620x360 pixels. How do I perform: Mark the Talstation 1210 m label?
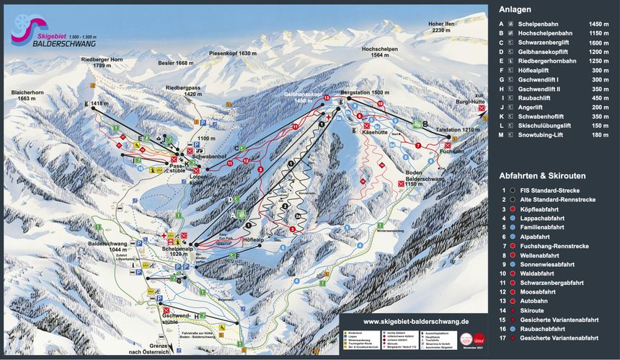(454, 129)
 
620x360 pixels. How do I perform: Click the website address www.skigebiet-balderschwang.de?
(416, 322)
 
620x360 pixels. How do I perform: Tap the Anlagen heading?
(514, 9)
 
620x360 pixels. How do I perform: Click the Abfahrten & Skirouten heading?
(542, 175)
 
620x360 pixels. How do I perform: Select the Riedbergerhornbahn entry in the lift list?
(548, 62)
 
